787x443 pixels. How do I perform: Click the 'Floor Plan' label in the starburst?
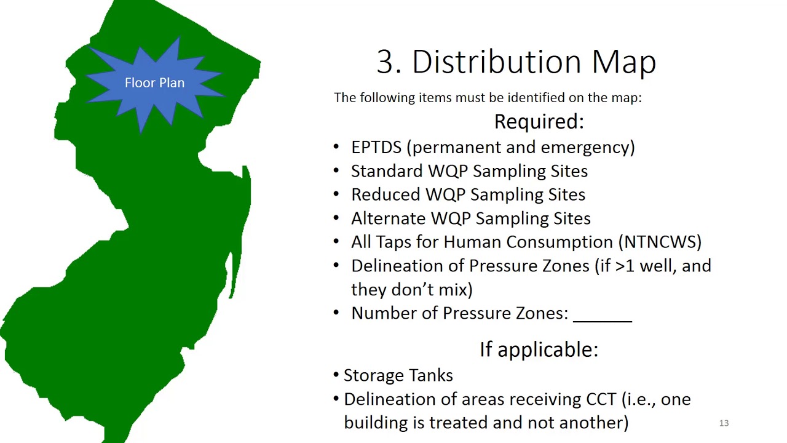tap(154, 83)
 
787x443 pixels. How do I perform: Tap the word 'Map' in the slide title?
tap(623, 62)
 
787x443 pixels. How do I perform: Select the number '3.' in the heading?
tap(389, 62)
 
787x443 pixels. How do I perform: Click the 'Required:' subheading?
tap(539, 121)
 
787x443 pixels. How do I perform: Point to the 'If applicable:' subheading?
tap(539, 349)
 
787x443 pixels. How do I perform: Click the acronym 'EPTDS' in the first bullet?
tap(376, 147)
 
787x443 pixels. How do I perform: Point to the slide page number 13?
tap(724, 423)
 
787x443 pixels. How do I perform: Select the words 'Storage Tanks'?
tap(398, 375)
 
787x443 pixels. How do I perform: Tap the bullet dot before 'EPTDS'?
tap(336, 147)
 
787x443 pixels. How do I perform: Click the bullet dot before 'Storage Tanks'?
tap(336, 375)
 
